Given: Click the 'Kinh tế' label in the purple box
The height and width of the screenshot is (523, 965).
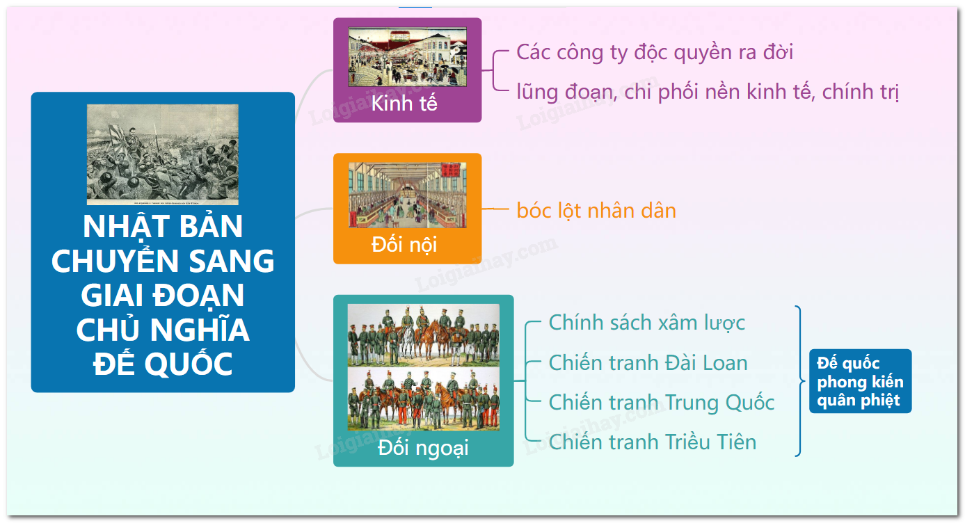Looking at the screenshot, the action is point(404,104).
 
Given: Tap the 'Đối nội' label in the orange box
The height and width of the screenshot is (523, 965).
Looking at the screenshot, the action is point(404,245).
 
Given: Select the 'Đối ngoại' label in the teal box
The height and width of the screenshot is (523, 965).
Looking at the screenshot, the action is point(423,448).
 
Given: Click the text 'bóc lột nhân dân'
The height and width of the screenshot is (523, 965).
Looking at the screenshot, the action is point(596,211).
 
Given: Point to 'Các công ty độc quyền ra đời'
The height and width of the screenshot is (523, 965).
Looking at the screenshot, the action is point(655,52).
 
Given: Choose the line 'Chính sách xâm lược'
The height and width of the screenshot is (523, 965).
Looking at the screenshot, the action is point(646,323).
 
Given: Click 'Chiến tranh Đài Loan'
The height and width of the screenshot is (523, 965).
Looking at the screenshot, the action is point(648,363).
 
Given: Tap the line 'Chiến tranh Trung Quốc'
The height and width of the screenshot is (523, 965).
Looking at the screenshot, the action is point(661,403).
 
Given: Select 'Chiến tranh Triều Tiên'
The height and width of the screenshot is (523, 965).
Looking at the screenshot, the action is point(652,442).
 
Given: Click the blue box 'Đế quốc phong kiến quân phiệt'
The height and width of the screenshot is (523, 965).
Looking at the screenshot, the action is point(861,381).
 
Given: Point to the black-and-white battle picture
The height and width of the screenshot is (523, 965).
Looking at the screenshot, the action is point(162,154).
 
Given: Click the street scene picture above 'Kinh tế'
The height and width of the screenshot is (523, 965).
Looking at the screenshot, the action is point(407,57).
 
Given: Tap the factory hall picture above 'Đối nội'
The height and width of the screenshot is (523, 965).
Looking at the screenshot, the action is point(407,195).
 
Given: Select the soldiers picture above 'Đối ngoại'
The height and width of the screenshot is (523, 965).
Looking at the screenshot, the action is point(424,367).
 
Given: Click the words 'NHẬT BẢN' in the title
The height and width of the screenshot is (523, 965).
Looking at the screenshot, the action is point(163,227).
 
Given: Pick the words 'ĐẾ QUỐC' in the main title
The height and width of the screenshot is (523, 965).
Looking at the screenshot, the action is point(163,364).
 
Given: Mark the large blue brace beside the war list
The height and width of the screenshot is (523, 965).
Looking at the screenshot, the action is point(800,381).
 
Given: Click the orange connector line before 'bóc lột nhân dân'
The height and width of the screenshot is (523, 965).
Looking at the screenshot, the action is point(495,209).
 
